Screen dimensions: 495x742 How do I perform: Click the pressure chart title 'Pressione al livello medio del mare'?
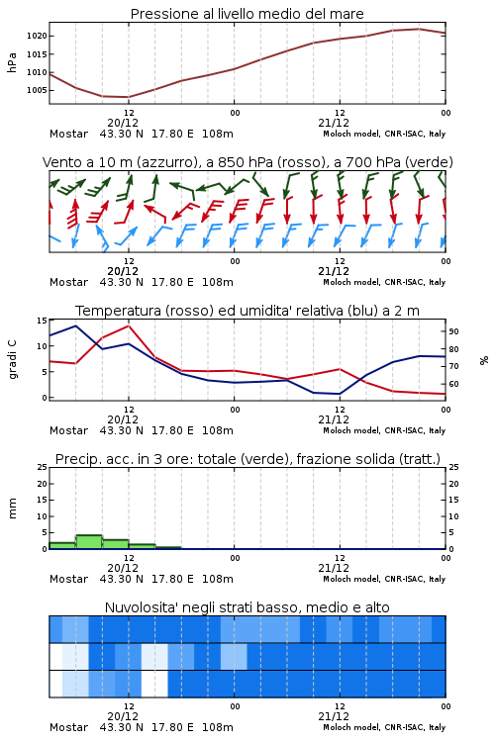coord(247,14)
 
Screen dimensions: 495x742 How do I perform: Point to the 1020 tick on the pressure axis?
coord(37,36)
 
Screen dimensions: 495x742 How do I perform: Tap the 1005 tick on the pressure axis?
coord(37,90)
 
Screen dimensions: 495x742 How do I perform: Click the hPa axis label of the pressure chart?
coord(12,62)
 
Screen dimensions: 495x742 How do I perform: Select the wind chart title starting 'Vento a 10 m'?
coord(247,162)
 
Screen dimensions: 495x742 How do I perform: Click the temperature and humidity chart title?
coord(247,311)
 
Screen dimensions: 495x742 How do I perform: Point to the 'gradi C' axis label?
coord(12,360)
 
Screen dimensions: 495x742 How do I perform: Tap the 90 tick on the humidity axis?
coord(453,331)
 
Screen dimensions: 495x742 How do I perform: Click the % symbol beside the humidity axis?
coord(484,360)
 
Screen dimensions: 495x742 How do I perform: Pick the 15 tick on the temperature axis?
coord(43,321)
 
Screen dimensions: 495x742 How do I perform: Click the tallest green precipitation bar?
coord(89,542)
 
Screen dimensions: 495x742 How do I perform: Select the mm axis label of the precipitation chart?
coord(12,509)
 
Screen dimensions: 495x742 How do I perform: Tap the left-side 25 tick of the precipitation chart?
coord(43,467)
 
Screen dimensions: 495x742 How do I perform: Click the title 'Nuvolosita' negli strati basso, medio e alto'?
coord(247,607)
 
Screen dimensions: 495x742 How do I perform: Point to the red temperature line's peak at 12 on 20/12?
coord(129,325)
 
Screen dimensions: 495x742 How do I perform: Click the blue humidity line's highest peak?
coord(76,325)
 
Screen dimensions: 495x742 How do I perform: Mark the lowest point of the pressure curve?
coord(128,97)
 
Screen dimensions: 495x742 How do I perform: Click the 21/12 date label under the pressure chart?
coord(334,123)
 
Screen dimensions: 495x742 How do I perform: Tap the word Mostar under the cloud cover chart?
coord(68,727)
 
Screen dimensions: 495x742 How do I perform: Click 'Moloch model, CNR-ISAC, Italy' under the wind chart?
coord(384,282)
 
